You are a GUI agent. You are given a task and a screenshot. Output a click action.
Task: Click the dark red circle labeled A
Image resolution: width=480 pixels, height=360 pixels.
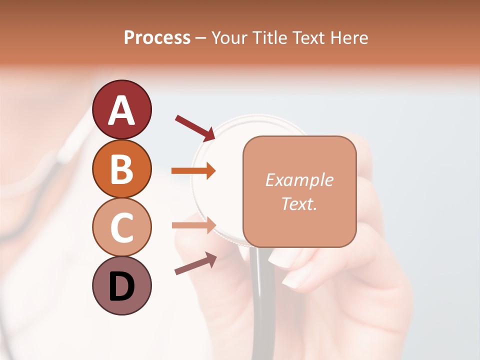[121, 109]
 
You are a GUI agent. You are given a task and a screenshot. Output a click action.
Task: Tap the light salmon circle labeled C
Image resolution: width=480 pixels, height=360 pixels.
[121, 227]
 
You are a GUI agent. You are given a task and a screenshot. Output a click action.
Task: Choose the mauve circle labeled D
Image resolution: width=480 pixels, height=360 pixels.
[121, 285]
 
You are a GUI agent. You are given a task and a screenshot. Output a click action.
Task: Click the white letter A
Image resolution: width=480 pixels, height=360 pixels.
[121, 110]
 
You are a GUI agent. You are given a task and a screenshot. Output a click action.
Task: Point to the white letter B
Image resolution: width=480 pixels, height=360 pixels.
[121, 168]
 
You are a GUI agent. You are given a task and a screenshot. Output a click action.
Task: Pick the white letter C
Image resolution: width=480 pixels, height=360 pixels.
[121, 227]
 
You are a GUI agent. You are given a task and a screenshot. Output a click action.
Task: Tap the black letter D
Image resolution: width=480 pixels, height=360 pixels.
[121, 286]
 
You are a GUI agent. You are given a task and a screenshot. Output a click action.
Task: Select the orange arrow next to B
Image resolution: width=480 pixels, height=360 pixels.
[193, 170]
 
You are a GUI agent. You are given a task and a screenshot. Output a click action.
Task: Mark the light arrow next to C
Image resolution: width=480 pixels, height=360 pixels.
[193, 225]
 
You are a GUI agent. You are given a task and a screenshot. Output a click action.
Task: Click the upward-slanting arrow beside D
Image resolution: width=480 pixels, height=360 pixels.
[195, 263]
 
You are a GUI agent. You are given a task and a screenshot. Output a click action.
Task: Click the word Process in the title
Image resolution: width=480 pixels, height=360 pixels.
[157, 37]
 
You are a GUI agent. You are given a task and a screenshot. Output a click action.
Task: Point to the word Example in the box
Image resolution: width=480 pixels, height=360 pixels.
[299, 180]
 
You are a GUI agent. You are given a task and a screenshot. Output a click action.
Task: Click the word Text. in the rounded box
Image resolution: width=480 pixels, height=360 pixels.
[299, 203]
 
